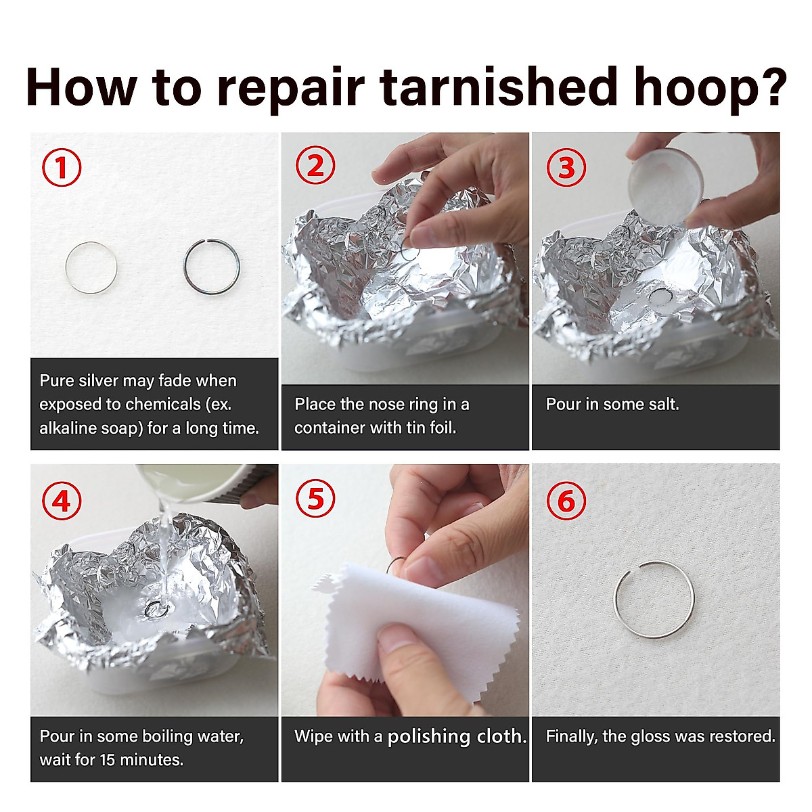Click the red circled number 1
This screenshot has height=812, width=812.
pos(62,167)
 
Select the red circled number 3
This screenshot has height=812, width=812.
pos(566,167)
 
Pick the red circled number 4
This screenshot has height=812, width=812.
pos(62,501)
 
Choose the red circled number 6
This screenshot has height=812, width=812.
pos(566,501)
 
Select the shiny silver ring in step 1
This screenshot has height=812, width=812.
pos(91,242)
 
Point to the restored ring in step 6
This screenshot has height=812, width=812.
pos(654,561)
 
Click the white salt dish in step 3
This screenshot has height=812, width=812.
pos(666,185)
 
